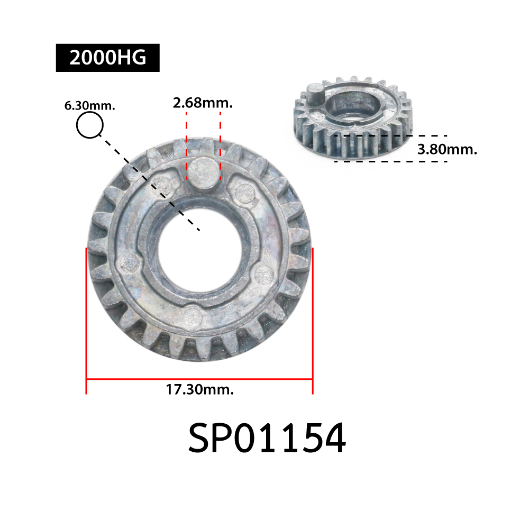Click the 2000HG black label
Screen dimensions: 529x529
pos(107,58)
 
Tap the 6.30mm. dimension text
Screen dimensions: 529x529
pos(90,106)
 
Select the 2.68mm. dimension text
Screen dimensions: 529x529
pos(203,103)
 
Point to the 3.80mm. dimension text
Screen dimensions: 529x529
pos(448,149)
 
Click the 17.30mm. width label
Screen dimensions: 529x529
pos(200,389)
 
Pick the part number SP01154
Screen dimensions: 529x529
pos(267,438)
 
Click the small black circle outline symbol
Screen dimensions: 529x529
pos(90,125)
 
